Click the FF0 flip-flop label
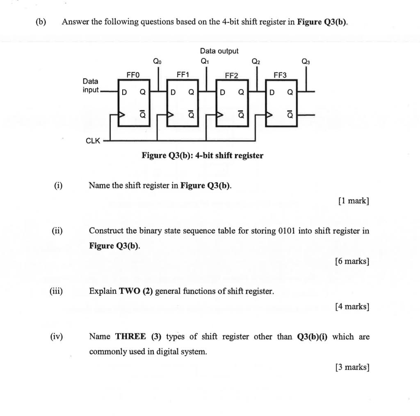tap(133, 75)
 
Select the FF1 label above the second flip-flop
tap(183, 75)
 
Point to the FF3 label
tap(280, 75)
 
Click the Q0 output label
tap(157, 61)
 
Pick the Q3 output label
tap(306, 62)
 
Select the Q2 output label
tap(256, 62)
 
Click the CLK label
tap(93, 141)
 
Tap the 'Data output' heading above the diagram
tap(219, 51)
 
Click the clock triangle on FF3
tap(269, 115)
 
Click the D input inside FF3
tap(272, 92)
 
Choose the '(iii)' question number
tap(56, 292)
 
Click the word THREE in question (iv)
tap(130, 337)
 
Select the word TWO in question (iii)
tap(129, 292)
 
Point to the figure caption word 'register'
tap(248, 156)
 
